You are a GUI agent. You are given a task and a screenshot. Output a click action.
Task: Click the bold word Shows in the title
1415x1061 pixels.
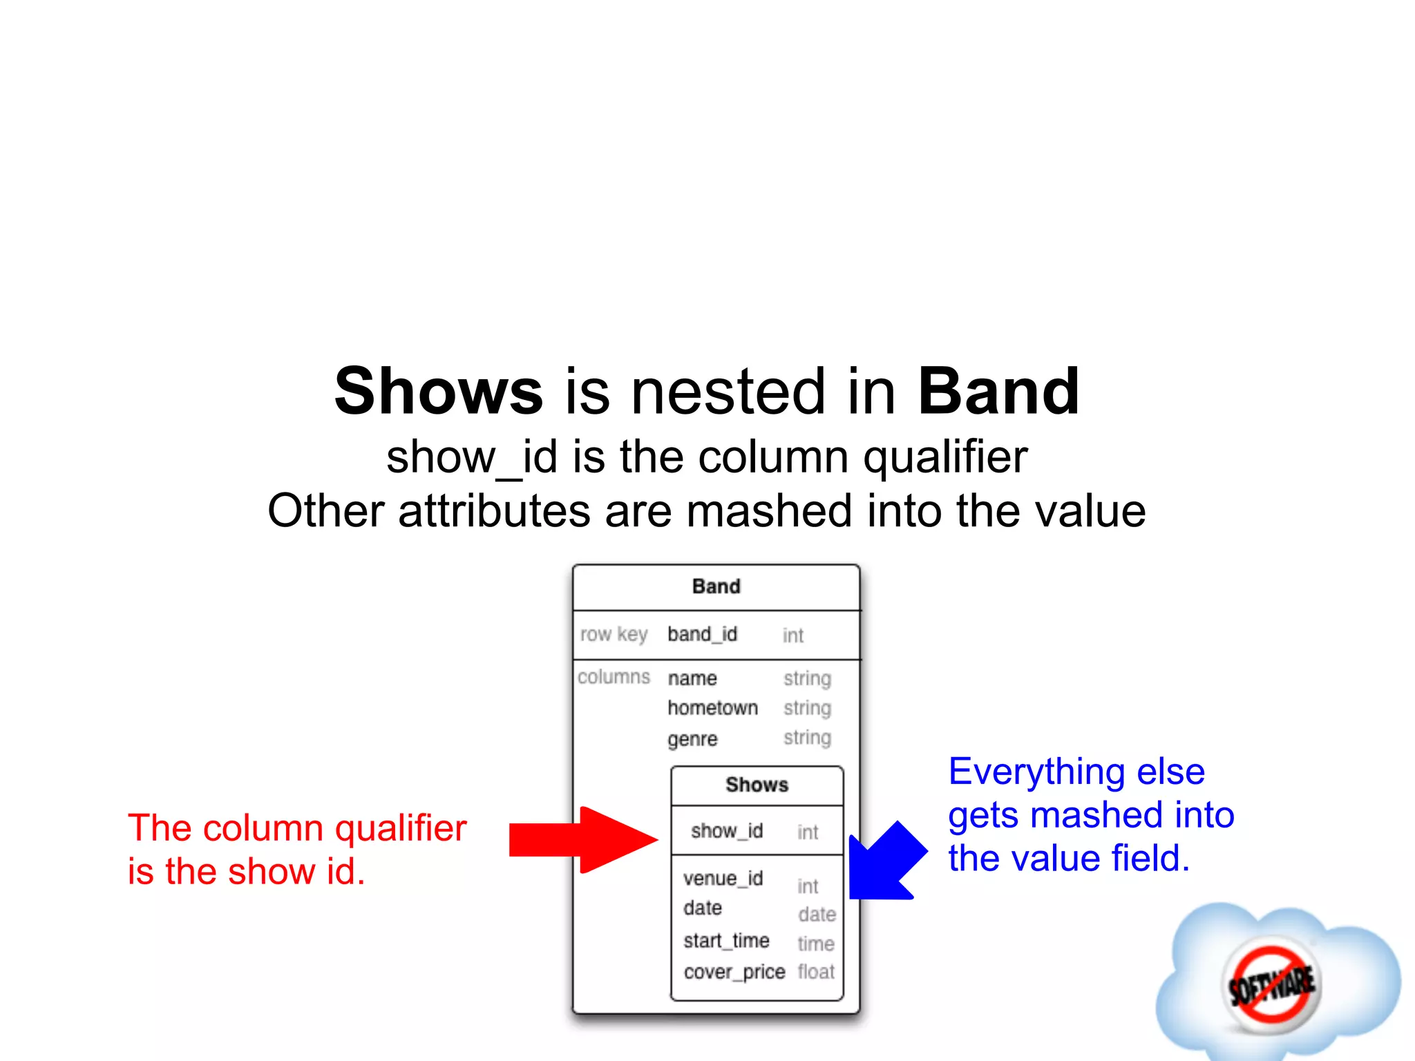pos(438,392)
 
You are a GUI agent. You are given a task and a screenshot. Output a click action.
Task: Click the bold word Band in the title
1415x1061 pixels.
pos(998,392)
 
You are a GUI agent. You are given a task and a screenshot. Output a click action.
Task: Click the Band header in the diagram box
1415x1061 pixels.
pos(716,586)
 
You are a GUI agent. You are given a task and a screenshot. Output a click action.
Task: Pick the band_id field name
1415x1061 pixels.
pos(702,634)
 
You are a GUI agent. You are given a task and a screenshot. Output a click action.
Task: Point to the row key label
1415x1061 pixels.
pos(614,634)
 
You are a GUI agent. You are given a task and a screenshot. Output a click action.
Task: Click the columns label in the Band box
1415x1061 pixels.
pos(614,677)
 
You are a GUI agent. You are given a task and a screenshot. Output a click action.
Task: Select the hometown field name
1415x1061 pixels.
pos(712,708)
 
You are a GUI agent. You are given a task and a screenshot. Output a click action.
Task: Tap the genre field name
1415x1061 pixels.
pos(692,739)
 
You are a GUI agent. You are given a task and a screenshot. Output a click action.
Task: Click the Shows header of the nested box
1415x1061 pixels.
pos(757,785)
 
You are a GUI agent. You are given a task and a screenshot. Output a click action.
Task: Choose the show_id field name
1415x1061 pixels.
pos(726,831)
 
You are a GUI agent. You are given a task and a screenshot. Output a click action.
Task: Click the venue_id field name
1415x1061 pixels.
pos(723,879)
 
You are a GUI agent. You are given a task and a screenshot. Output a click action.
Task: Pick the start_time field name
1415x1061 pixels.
pos(726,941)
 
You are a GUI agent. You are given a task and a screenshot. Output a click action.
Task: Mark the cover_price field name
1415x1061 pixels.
pos(734,972)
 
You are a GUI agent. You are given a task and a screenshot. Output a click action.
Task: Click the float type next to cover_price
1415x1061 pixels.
pos(816,972)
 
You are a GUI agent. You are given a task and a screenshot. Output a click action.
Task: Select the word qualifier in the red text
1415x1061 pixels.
pos(401,828)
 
